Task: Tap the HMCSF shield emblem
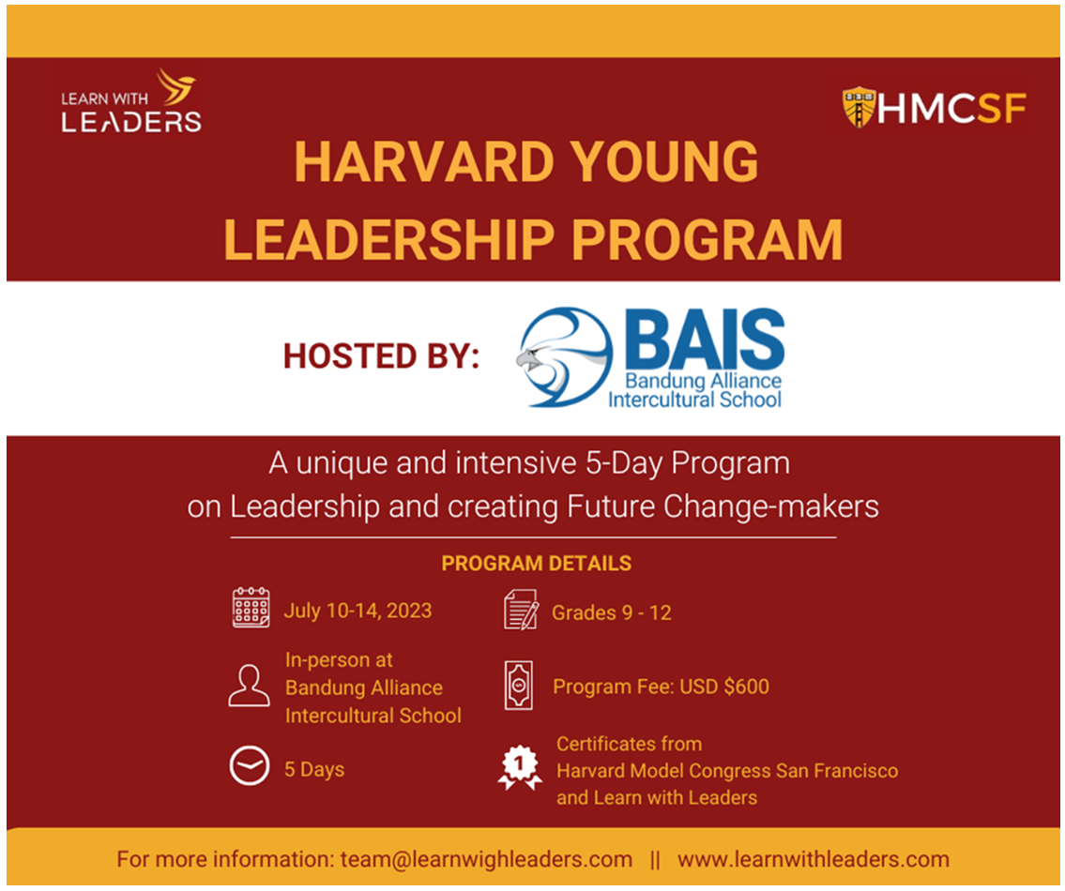point(859,107)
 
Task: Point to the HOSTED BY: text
point(381,355)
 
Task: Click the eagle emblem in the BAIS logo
point(564,357)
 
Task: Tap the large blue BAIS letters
point(705,338)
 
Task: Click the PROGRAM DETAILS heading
point(537,563)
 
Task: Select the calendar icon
point(251,607)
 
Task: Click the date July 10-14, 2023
point(358,611)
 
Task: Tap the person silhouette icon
point(249,686)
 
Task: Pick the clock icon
point(250,765)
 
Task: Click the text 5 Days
point(314,769)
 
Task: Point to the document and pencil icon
point(521,610)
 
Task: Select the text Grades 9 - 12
point(611,612)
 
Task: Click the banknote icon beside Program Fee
point(519,686)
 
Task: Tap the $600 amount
point(747,687)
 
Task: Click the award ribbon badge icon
point(520,767)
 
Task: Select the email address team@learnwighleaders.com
point(486,859)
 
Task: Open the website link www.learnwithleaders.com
point(813,859)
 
